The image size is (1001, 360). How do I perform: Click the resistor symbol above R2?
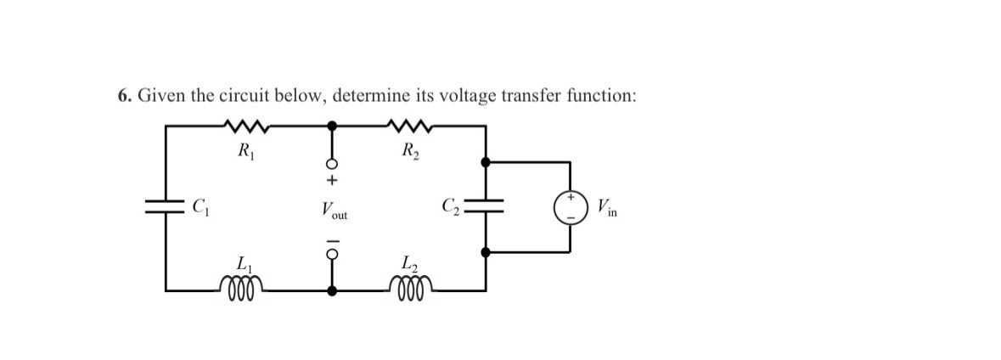tap(411, 127)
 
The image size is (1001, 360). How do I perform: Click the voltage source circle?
tap(570, 206)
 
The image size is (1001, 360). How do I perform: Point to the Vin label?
tap(607, 206)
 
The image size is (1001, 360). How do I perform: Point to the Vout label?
tap(333, 209)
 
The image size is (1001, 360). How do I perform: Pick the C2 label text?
tap(451, 206)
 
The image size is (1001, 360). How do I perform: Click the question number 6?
tap(124, 96)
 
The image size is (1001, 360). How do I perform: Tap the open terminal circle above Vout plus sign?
tap(333, 163)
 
